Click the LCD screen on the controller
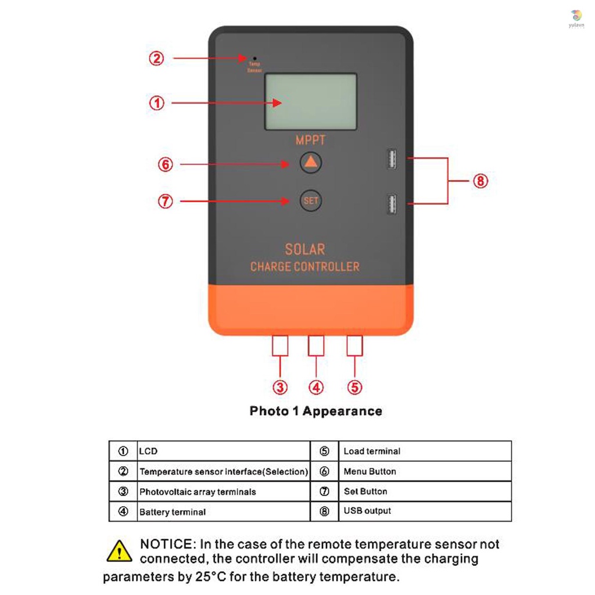tap(310, 102)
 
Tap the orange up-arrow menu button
tap(311, 163)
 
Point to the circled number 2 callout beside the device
tap(156, 58)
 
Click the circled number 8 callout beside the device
tap(480, 181)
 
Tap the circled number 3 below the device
tap(281, 387)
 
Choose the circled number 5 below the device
tap(354, 387)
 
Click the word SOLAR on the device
tap(305, 249)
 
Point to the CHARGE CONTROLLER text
tap(305, 267)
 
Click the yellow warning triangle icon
tap(120, 551)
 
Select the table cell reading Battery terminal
tap(173, 512)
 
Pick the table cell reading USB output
tap(367, 511)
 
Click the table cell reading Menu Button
tap(370, 471)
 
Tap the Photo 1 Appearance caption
tap(316, 411)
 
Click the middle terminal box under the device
tap(316, 345)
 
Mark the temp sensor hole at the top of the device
tap(255, 59)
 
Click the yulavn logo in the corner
tap(576, 16)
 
